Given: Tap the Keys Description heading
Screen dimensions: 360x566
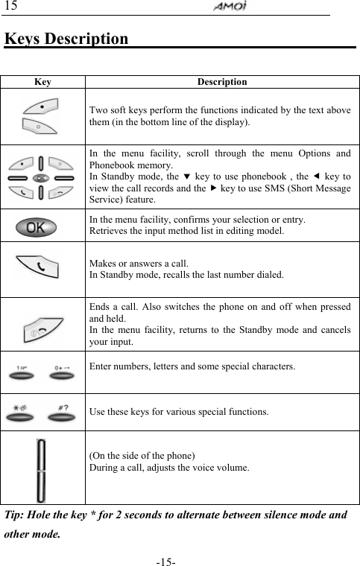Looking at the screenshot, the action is (66, 38).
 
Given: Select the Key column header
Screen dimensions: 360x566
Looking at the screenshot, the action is (42, 82).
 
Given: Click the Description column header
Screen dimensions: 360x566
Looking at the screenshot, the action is (221, 82).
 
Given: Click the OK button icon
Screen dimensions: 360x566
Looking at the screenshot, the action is (42, 225).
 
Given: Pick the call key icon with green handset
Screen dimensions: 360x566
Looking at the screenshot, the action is (42, 266).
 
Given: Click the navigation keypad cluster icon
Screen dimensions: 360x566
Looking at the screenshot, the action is (42, 179).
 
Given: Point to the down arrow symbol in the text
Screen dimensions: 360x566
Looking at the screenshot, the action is (187, 177).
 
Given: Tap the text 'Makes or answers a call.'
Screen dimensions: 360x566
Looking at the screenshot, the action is (139, 263).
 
